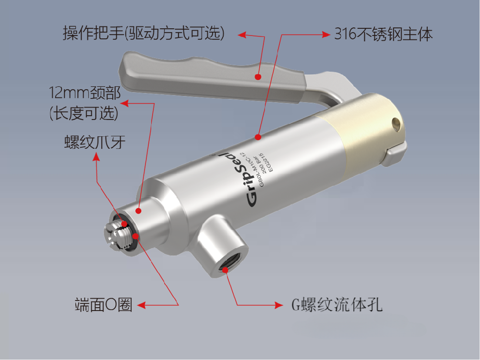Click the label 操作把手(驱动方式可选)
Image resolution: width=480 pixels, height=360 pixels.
pyautogui.click(x=144, y=34)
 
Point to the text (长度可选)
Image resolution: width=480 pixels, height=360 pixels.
pyautogui.click(x=84, y=113)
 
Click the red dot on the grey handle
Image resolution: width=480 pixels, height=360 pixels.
pyautogui.click(x=258, y=76)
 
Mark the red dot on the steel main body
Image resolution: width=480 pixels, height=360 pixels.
pyautogui.click(x=258, y=137)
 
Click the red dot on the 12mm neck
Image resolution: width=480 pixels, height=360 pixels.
pyautogui.click(x=138, y=210)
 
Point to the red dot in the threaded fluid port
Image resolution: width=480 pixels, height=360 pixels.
pyautogui.click(x=226, y=270)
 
